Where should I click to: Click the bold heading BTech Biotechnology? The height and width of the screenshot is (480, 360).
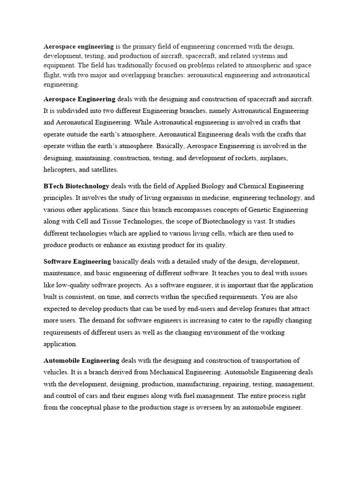[x=76, y=186]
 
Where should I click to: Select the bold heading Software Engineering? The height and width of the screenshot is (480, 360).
[x=77, y=261]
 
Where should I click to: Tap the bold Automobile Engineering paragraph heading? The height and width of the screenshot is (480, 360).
[x=82, y=360]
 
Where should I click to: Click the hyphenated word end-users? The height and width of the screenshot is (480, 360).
[x=195, y=308]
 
